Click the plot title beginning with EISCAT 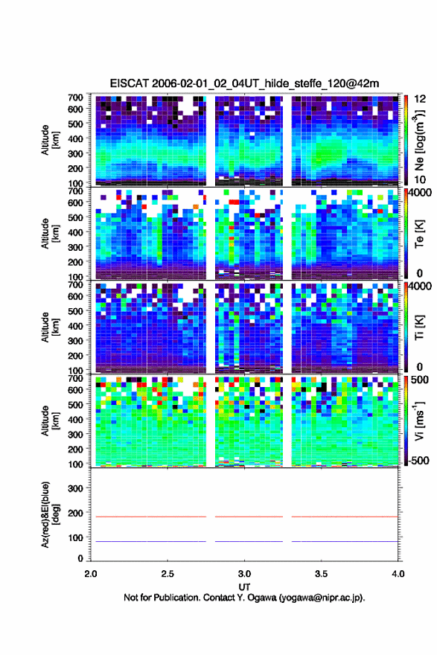coord(244,83)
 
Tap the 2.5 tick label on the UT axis coord(168,574)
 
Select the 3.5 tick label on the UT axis coord(321,574)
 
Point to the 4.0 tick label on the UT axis coord(398,574)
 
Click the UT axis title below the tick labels coord(244,587)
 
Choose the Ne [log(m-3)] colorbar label coord(419,140)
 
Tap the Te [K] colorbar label coord(419,234)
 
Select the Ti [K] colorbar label coord(419,327)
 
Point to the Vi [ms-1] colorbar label coord(419,421)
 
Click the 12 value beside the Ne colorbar coord(420,99)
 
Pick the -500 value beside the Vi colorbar coord(419,460)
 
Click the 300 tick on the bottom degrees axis coord(76,488)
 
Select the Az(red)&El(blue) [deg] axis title coord(50,514)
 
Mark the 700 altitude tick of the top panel coord(76,98)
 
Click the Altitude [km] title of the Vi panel coord(50,421)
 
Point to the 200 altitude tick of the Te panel coord(76,262)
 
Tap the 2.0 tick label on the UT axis coord(91,574)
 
